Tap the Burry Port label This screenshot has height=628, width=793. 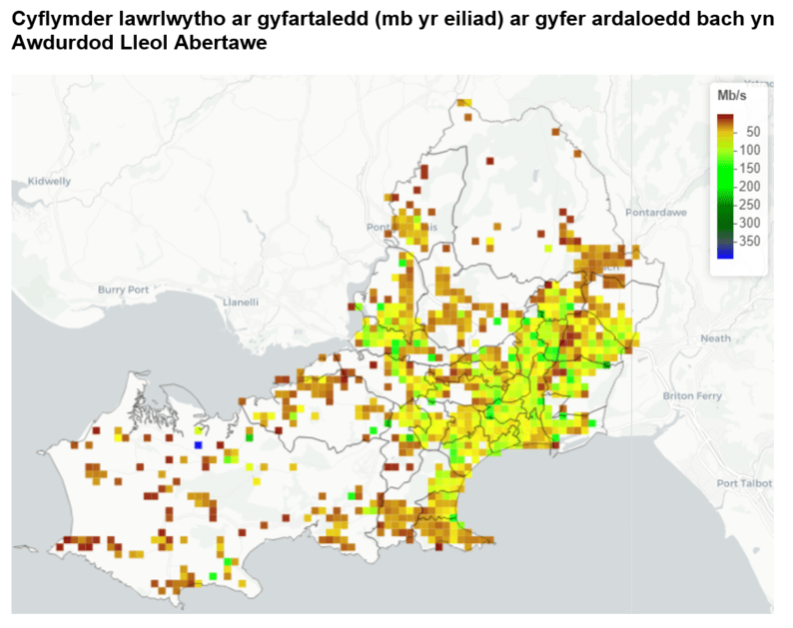click(123, 290)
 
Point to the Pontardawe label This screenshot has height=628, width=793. click(651, 213)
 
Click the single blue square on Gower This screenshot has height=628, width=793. click(198, 444)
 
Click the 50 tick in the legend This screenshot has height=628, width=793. click(753, 132)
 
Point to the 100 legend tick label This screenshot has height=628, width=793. click(750, 150)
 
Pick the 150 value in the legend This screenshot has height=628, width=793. click(750, 168)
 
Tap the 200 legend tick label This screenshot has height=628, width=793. click(750, 186)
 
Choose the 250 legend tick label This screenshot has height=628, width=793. click(750, 204)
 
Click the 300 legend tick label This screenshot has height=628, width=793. click(750, 222)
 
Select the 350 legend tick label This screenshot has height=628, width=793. click(750, 241)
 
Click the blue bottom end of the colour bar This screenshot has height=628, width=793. click(725, 254)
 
